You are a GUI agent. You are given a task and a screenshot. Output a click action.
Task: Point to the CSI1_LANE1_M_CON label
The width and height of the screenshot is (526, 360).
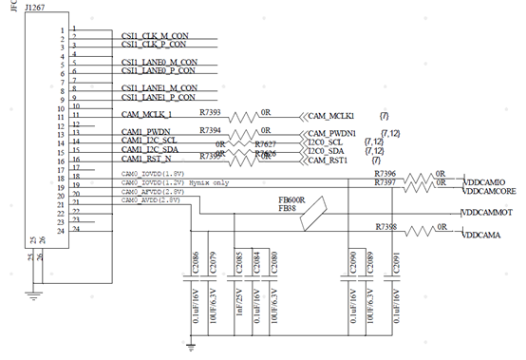click(160, 87)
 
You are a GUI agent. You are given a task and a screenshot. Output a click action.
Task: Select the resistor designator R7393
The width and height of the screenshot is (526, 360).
click(211, 111)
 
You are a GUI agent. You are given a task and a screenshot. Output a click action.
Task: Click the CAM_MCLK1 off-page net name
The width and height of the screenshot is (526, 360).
click(329, 114)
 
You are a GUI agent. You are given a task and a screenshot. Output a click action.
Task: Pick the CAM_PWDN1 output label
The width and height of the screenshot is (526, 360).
click(330, 133)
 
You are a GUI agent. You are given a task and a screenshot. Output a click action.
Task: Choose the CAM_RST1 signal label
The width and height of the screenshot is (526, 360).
click(328, 160)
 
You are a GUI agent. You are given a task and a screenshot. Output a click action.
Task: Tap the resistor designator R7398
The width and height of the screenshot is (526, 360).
click(385, 227)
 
